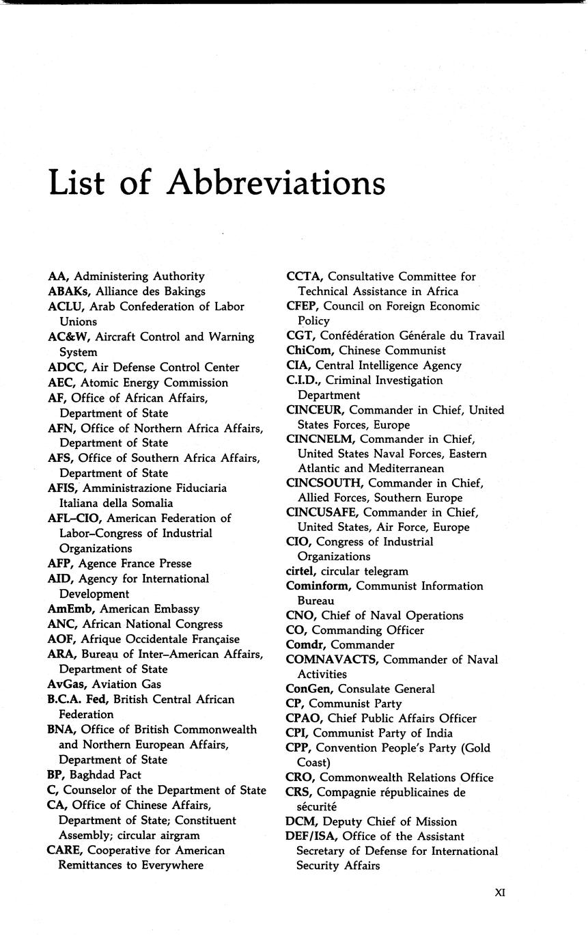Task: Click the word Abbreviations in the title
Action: point(276,183)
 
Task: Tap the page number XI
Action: point(499,892)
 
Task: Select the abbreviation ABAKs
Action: point(66,291)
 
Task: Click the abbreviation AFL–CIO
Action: point(74,518)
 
